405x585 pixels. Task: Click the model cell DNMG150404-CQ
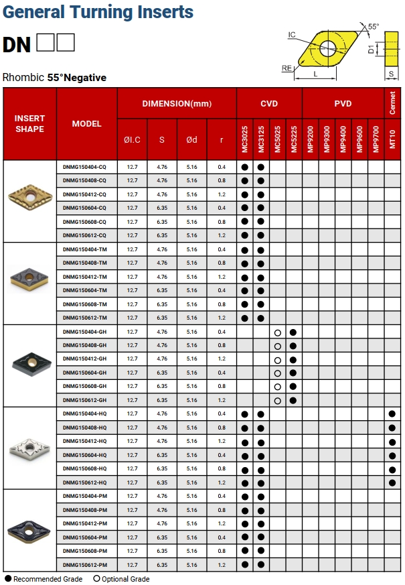coord(84,167)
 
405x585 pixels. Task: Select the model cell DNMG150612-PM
coord(84,565)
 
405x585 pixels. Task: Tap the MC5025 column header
coord(277,139)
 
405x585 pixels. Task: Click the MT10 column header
coord(392,139)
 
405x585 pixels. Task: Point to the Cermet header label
coord(392,103)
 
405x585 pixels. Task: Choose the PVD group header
coord(343,103)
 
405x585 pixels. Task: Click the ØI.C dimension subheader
coord(132,139)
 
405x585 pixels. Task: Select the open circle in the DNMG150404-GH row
coord(277,332)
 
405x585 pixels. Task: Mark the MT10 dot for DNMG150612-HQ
coord(392,482)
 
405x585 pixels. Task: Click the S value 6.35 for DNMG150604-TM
coord(162,290)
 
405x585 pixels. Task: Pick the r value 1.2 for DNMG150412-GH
coord(222,359)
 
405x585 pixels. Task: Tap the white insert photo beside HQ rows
coord(29,447)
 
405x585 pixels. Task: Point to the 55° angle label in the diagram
coord(374,27)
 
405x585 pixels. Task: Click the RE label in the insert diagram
coord(287,68)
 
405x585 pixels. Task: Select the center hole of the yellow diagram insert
coord(327,47)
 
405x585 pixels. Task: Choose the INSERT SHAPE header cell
coord(29,123)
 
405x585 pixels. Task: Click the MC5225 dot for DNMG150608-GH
coord(293,387)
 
